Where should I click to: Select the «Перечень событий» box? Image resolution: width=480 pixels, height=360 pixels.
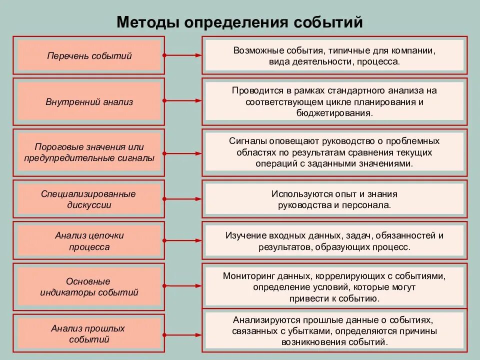89,55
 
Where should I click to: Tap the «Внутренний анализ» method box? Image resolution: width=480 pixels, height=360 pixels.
89,102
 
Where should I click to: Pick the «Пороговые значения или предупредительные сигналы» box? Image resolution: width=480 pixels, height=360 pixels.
89,152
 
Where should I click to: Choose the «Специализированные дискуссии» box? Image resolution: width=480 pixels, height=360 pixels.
89,199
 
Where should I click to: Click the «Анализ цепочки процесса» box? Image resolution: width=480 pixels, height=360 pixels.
89,241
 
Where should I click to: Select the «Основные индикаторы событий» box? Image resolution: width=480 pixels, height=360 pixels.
89,287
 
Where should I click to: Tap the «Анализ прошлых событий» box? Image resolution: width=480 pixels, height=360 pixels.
89,334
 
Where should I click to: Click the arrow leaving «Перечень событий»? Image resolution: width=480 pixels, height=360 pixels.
182,55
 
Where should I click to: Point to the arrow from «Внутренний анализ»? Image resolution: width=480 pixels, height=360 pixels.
182,102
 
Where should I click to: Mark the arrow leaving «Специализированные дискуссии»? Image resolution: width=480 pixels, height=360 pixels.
182,199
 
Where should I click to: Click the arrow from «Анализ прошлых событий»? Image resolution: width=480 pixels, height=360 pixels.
182,334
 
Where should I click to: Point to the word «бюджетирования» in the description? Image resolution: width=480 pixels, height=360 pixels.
333,113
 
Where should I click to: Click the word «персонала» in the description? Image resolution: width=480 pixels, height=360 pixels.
368,205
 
